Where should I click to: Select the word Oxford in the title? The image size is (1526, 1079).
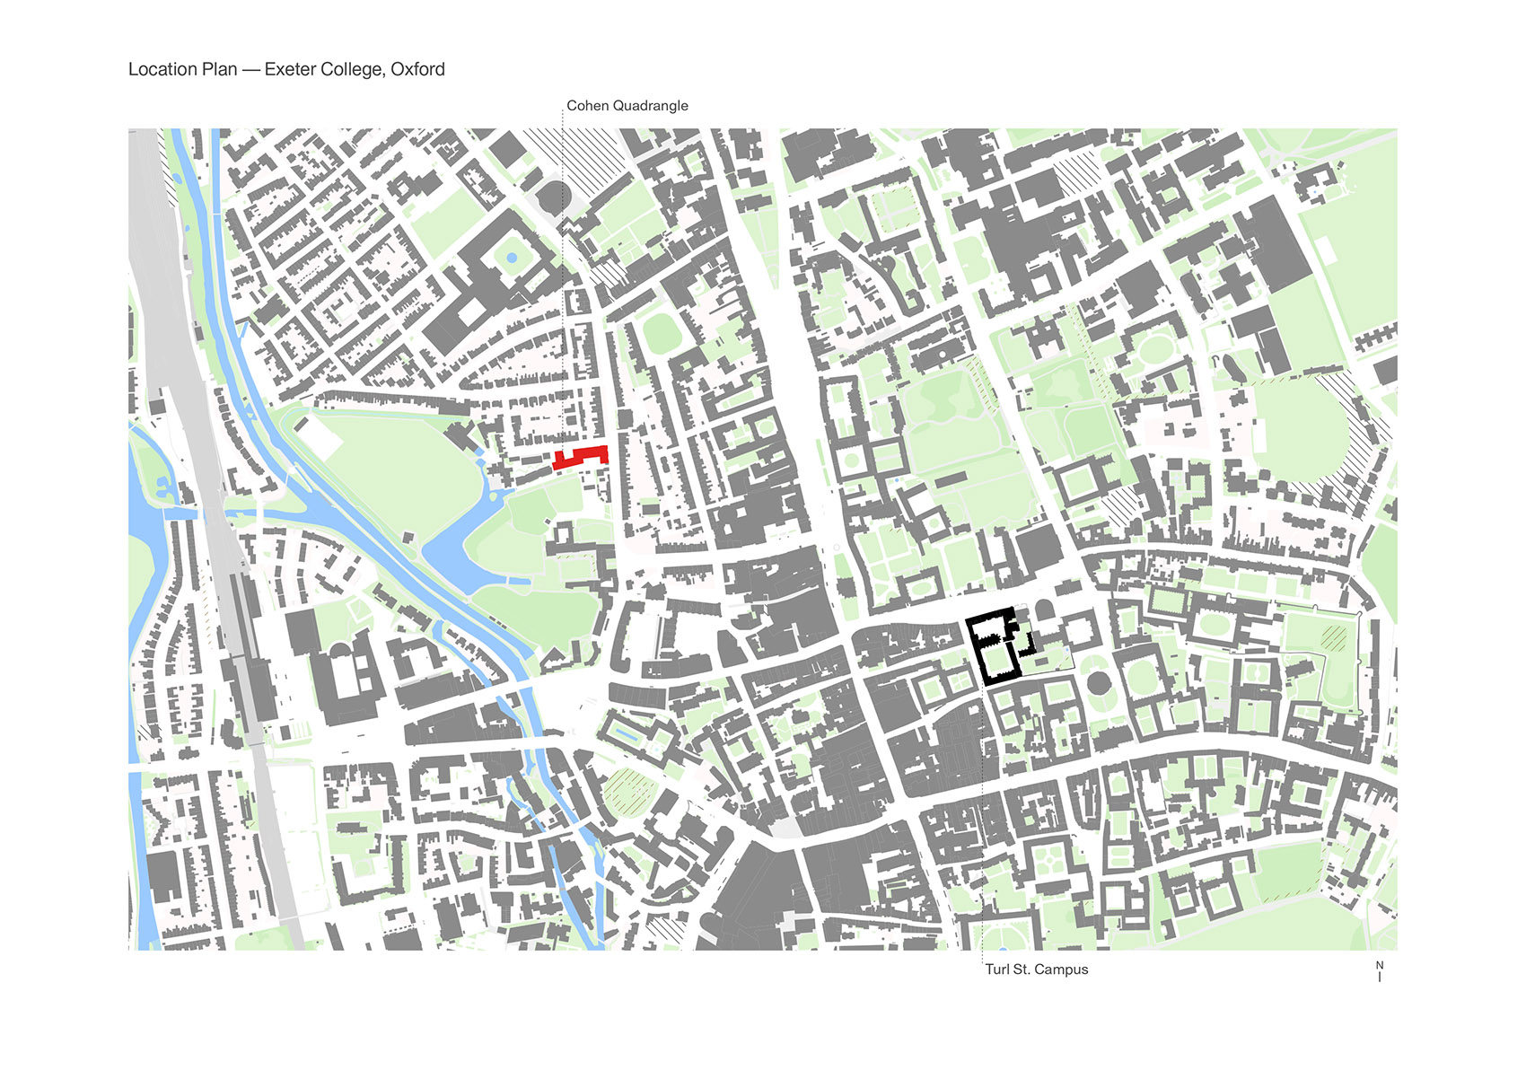417,70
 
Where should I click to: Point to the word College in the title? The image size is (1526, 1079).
354,70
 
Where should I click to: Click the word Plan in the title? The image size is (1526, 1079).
219,70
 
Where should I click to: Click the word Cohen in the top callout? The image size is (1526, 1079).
588,106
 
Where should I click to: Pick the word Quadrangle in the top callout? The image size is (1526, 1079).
650,106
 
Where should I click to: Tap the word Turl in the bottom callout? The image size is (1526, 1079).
997,969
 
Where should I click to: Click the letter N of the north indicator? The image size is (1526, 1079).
1380,965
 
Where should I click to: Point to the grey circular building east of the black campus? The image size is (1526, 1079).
1098,682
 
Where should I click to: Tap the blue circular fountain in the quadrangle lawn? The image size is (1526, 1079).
512,258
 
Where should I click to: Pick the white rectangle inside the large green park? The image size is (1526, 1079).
318,436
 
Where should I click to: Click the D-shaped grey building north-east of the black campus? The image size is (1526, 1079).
1044,610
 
